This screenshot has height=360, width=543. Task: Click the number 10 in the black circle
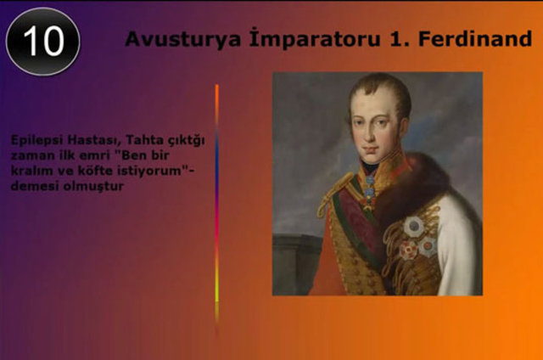click(43, 41)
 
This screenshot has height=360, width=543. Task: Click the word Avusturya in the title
click(183, 39)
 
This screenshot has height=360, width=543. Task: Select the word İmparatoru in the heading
click(315, 38)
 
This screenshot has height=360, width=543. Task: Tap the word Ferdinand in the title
click(475, 38)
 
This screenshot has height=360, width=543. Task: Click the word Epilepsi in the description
click(36, 141)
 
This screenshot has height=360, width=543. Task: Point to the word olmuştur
click(93, 187)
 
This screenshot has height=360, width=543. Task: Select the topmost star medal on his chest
click(414, 226)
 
